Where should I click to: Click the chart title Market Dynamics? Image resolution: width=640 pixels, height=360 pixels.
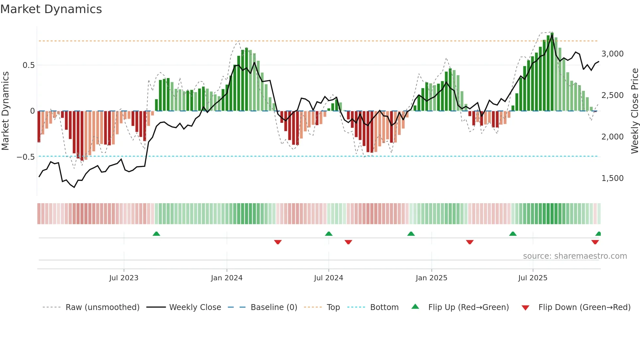(x=51, y=9)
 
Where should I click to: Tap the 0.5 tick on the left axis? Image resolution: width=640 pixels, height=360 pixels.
(x=29, y=65)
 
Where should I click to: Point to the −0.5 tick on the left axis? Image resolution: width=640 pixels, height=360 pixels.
(x=26, y=157)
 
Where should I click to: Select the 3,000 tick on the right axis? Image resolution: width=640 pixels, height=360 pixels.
(x=612, y=54)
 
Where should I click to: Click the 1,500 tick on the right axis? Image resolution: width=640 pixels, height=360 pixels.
(x=612, y=178)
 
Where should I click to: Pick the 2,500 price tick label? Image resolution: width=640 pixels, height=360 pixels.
(x=612, y=95)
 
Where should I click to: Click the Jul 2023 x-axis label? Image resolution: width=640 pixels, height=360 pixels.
(x=124, y=278)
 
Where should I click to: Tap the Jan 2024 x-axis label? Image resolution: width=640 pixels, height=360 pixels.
(x=227, y=278)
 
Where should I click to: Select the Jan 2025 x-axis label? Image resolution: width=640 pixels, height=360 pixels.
(x=431, y=278)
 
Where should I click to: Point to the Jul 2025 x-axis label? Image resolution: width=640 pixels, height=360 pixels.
(x=533, y=278)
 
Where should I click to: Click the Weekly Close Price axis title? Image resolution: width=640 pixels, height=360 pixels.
(x=634, y=111)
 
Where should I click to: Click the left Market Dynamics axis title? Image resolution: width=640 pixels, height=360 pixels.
(x=5, y=111)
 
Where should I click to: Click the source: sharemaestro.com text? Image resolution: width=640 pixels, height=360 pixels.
(x=575, y=256)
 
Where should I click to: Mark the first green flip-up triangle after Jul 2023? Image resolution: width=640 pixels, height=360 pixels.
(x=156, y=234)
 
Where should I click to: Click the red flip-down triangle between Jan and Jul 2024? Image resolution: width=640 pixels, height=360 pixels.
(x=278, y=242)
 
